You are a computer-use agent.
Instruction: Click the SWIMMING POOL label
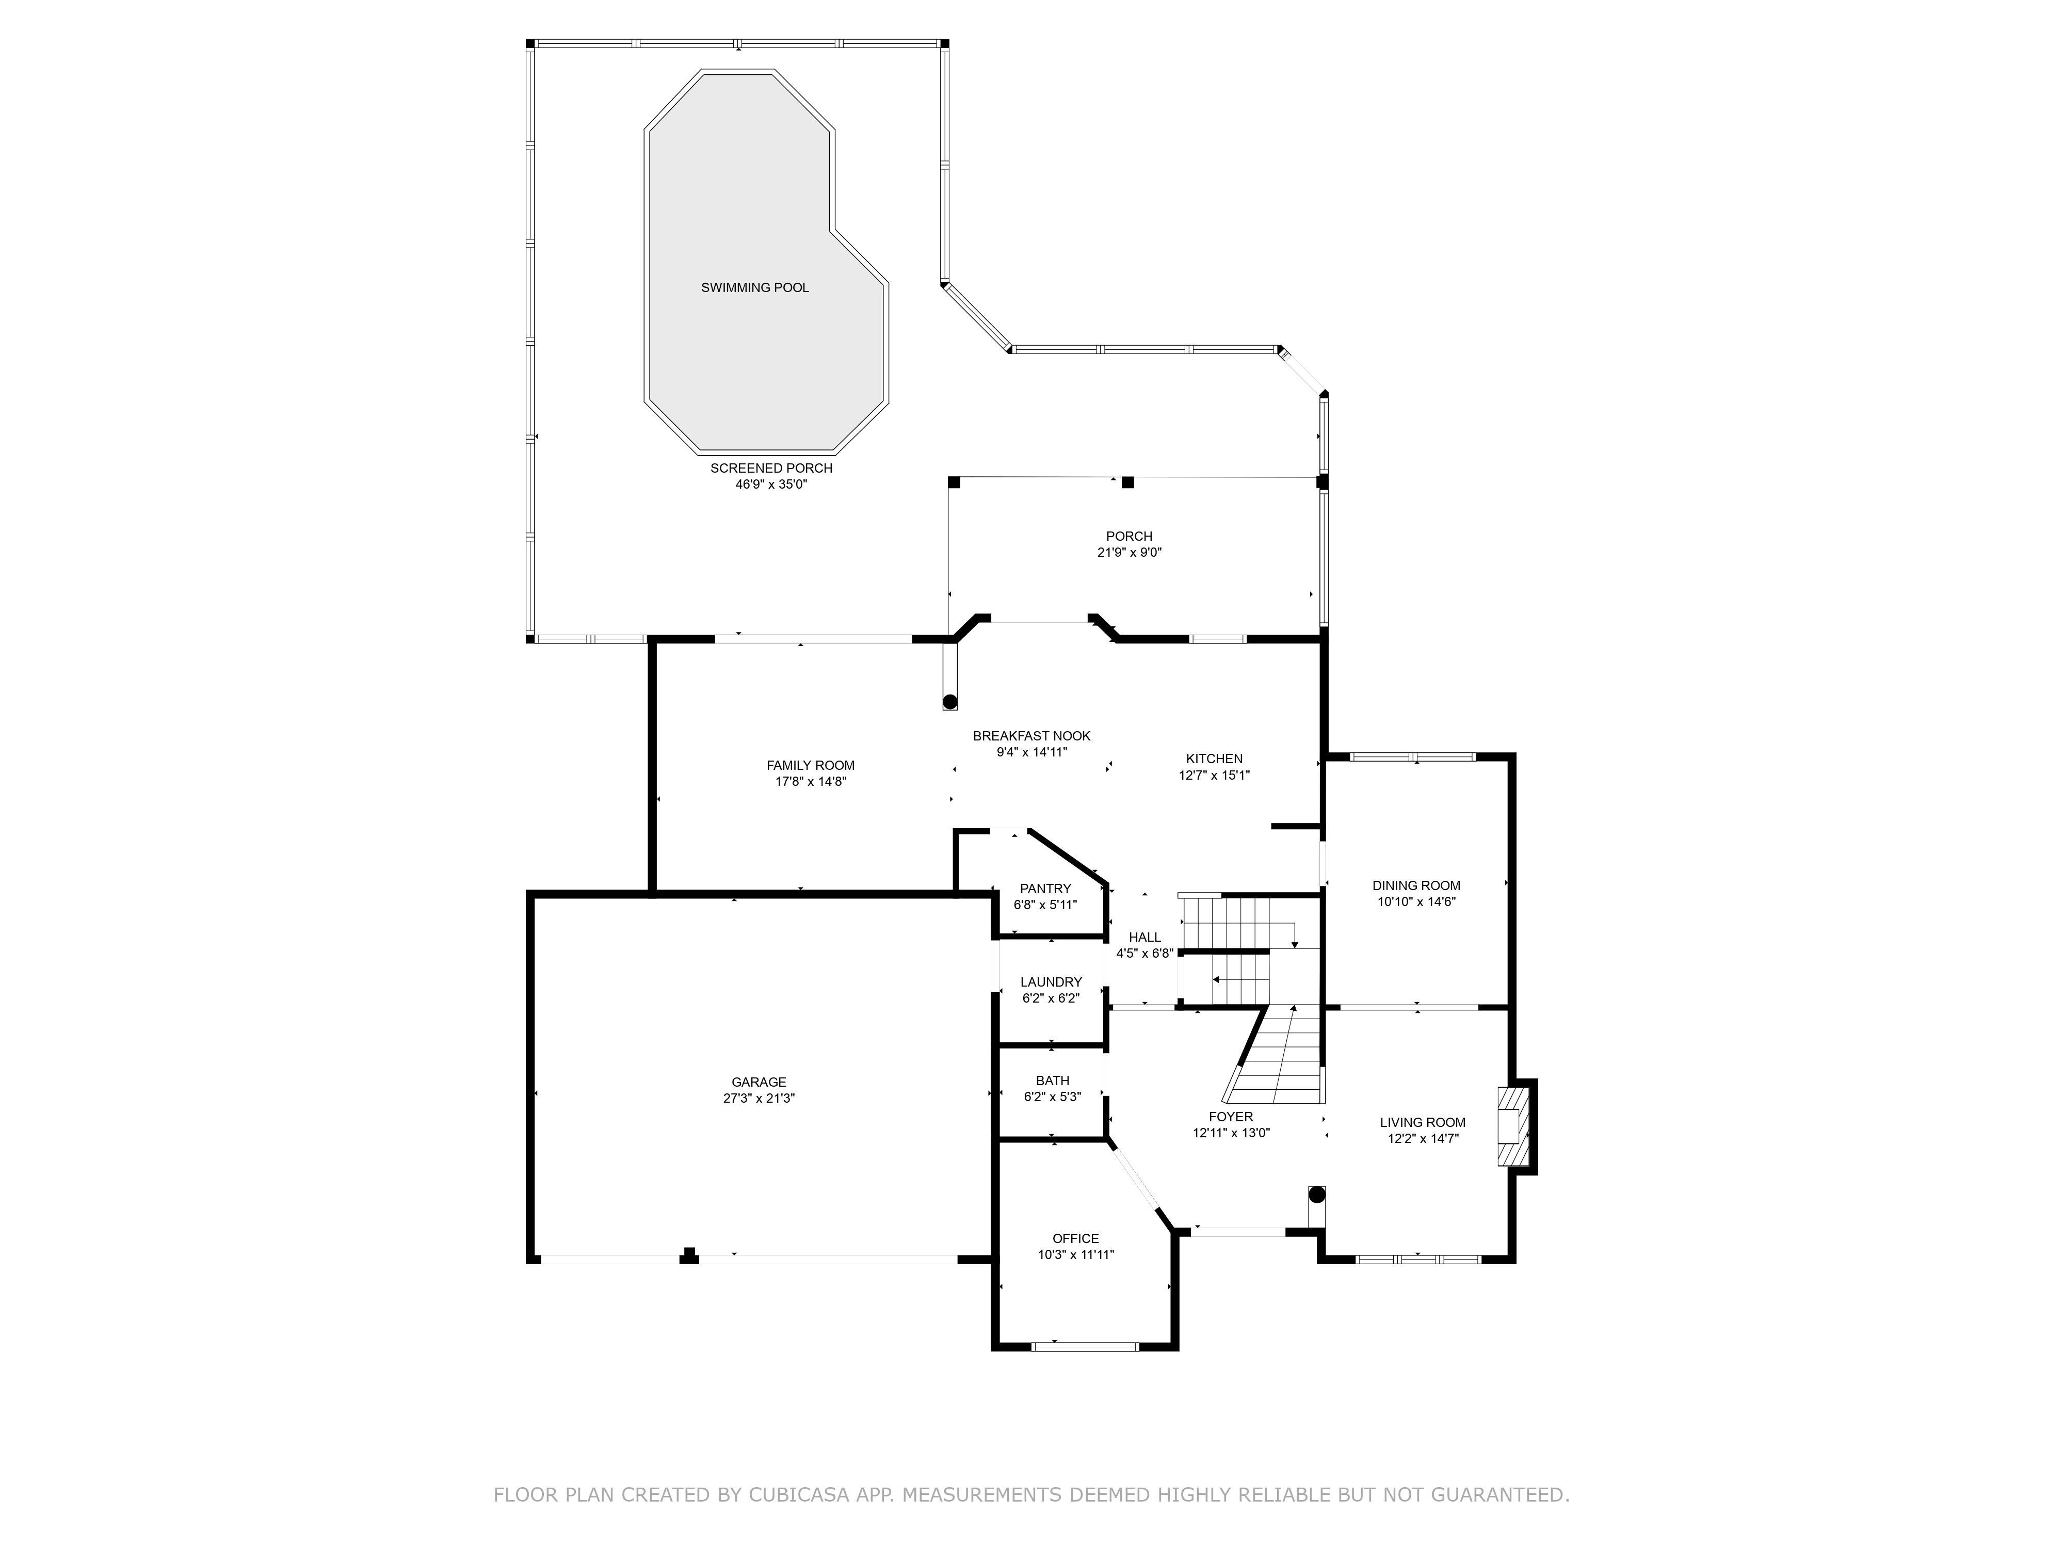tap(755, 287)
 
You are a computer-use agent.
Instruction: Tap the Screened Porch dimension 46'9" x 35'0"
tap(771, 485)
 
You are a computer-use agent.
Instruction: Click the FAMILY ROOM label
tap(810, 765)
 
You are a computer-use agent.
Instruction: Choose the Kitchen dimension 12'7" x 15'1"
tap(1214, 775)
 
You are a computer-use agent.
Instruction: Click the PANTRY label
tap(1045, 889)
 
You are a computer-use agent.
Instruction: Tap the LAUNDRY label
tap(1051, 981)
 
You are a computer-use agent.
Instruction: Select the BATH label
tap(1053, 1081)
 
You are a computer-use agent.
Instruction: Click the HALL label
tap(1145, 938)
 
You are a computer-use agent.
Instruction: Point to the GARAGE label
tap(759, 1083)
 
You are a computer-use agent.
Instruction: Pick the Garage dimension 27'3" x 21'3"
tap(759, 1098)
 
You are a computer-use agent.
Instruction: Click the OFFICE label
tap(1076, 1238)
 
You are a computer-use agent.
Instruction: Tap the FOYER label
tap(1231, 1117)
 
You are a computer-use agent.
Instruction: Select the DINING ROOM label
tap(1415, 885)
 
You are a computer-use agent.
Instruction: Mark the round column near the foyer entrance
tap(1317, 1195)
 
